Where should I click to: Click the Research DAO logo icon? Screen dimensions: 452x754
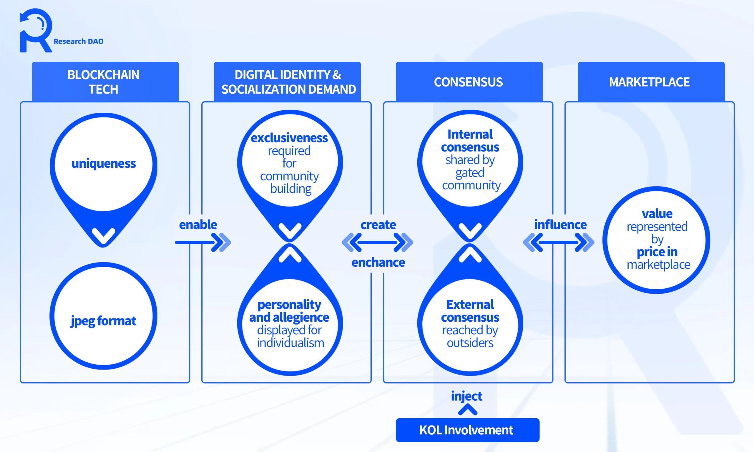tap(36, 30)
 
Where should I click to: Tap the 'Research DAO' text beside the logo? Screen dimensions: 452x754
tap(78, 41)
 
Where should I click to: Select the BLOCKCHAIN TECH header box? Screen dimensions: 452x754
tap(105, 82)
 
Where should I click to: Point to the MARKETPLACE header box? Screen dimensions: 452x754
tap(651, 82)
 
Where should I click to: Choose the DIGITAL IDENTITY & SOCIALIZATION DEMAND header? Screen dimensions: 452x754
tap(287, 82)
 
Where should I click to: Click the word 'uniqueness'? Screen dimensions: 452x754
tap(104, 164)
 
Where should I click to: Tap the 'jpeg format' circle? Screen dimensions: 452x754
tap(103, 321)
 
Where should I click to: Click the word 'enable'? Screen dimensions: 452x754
tap(198, 225)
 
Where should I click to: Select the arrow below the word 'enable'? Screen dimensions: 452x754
tap(203, 242)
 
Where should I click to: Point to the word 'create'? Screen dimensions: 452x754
tap(378, 225)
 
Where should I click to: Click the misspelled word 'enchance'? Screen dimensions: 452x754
tap(378, 262)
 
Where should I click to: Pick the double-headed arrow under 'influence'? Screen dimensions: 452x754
tap(559, 242)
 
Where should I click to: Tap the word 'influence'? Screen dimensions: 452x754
tap(560, 225)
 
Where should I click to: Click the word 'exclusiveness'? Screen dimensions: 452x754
tap(289, 138)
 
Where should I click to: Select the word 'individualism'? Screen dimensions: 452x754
tap(290, 343)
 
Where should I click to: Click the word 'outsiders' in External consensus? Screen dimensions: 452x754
tap(470, 343)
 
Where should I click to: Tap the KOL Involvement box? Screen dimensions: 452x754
tap(467, 430)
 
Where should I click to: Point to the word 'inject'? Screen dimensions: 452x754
tap(467, 396)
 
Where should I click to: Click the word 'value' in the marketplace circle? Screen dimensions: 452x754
tap(657, 213)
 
